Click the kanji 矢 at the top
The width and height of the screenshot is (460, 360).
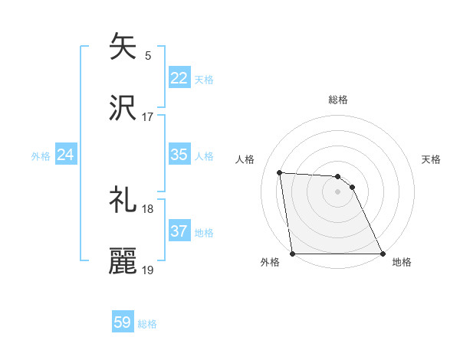(x=123, y=47)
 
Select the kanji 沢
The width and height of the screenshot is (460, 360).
(x=123, y=108)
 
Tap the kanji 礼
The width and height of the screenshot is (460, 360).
(x=123, y=200)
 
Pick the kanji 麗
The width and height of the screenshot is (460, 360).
(x=123, y=261)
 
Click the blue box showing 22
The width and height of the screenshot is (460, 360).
(x=179, y=78)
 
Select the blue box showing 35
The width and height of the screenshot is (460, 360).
(x=179, y=155)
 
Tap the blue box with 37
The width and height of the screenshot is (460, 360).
(x=179, y=231)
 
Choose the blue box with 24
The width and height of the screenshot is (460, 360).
(x=65, y=155)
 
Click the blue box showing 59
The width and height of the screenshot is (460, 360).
(x=122, y=322)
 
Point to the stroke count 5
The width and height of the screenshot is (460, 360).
(x=148, y=55)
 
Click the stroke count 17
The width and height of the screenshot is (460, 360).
(x=148, y=116)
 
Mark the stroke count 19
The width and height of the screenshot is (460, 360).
(x=148, y=270)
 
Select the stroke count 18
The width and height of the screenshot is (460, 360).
(x=148, y=208)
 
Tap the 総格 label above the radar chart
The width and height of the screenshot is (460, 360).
(x=338, y=100)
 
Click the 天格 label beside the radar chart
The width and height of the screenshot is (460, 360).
(x=431, y=159)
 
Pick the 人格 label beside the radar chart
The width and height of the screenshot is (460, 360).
(x=245, y=159)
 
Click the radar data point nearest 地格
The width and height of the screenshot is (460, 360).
(x=382, y=254)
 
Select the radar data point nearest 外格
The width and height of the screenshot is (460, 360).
(x=292, y=254)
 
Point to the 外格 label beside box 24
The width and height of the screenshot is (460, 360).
(x=41, y=155)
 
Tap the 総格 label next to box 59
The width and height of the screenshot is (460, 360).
(x=147, y=324)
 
